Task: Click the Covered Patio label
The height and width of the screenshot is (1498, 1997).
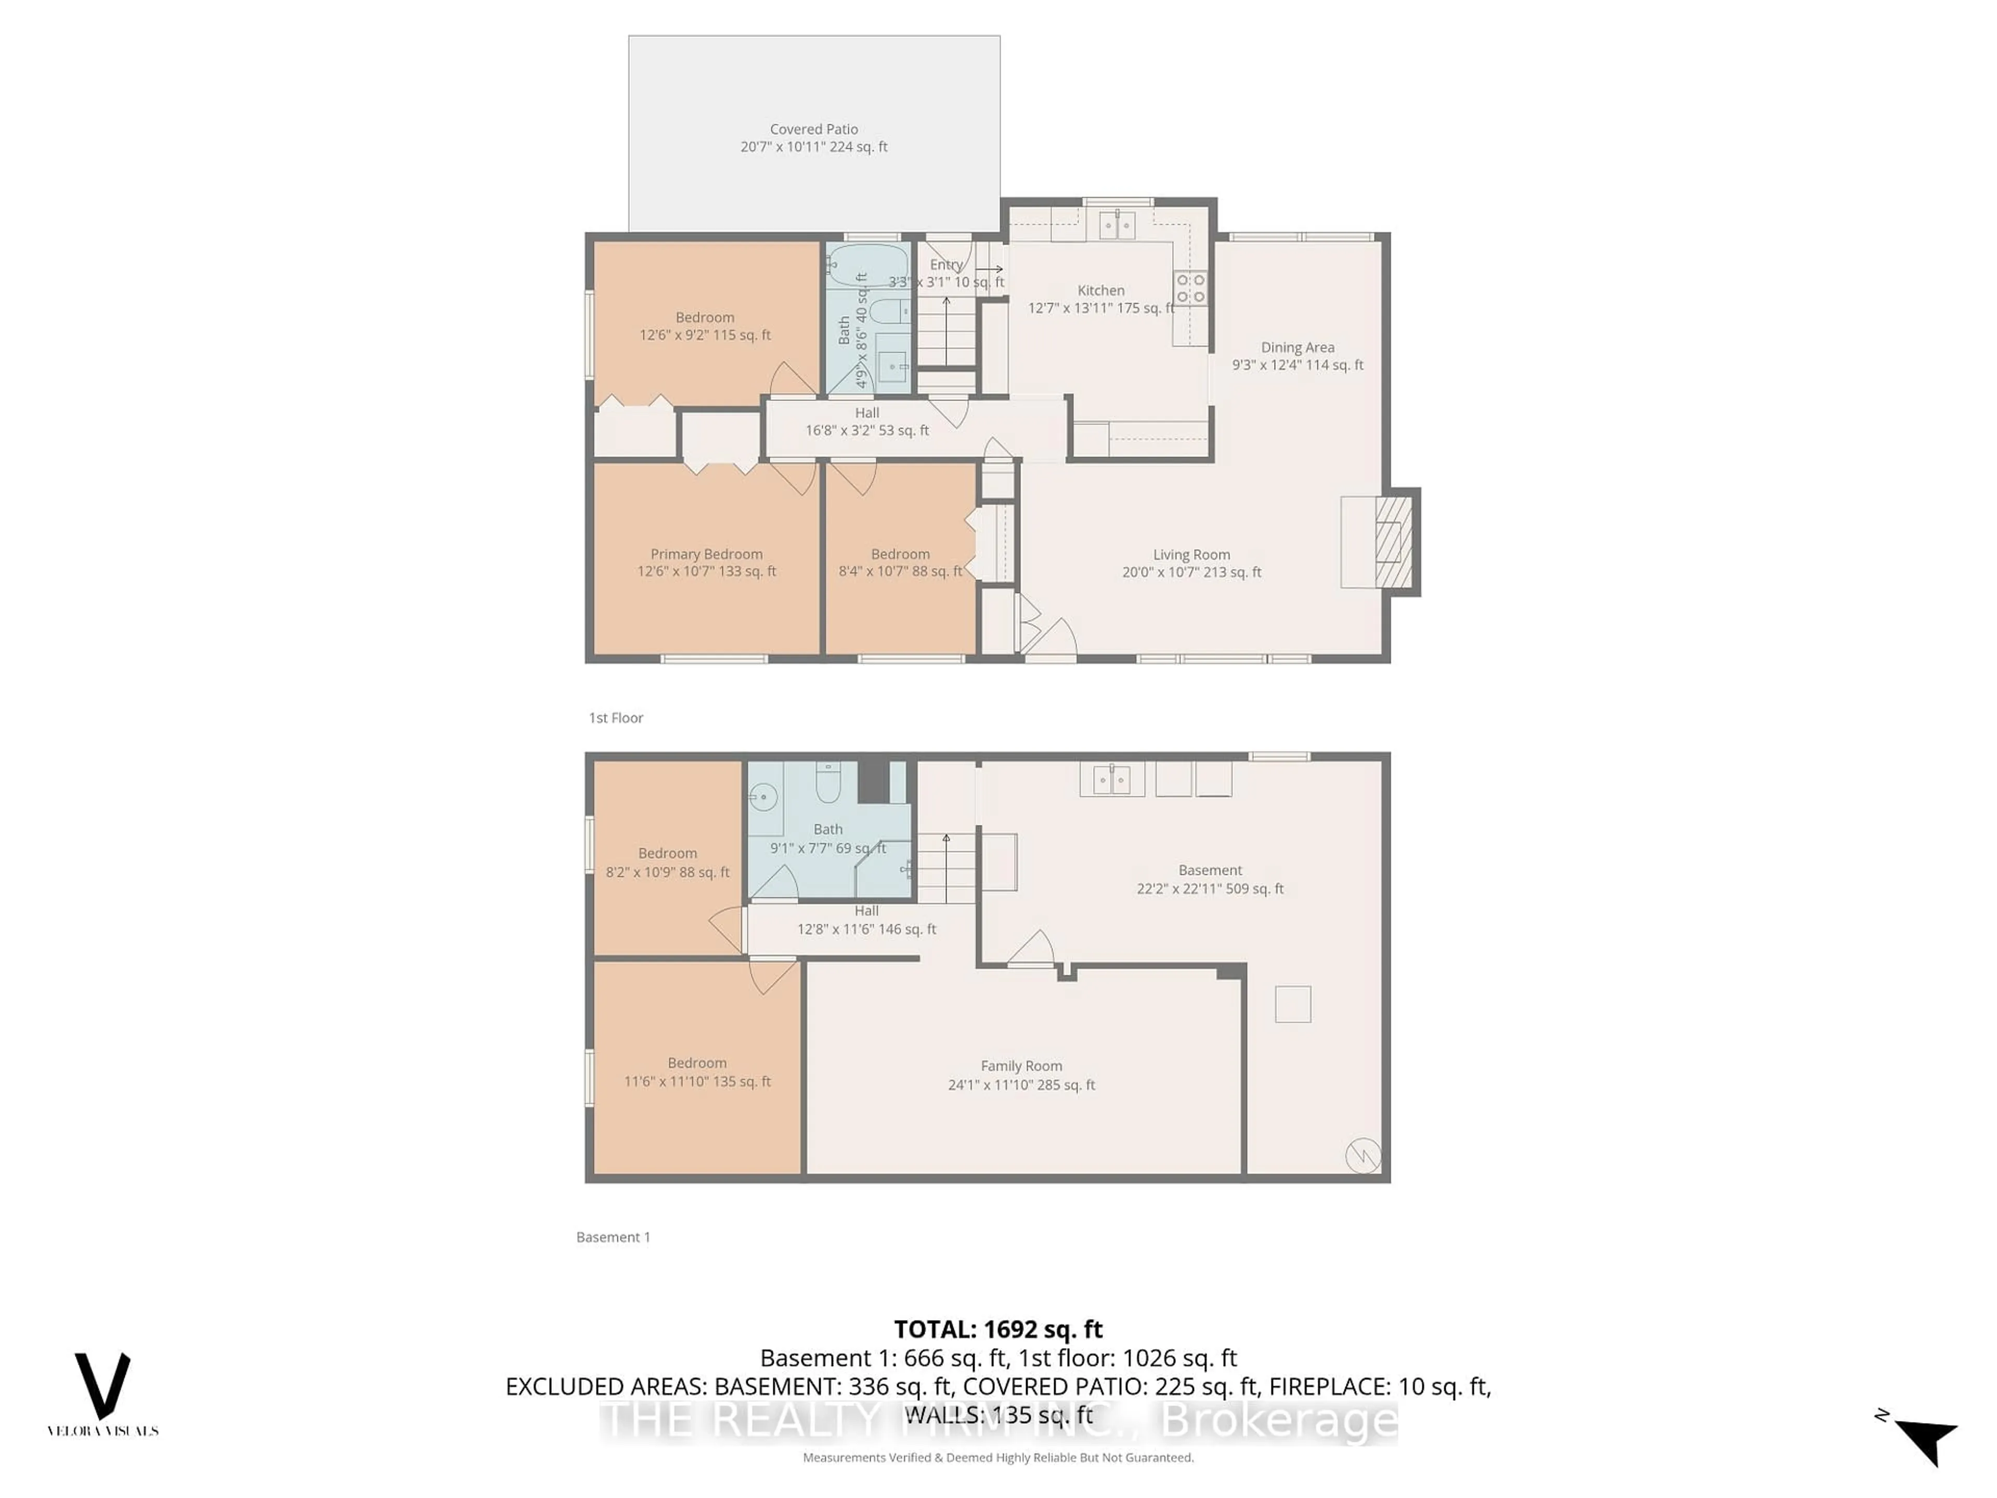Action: (x=813, y=129)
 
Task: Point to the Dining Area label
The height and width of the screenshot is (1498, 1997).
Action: (x=1298, y=347)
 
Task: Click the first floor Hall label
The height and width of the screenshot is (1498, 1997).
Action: (x=867, y=412)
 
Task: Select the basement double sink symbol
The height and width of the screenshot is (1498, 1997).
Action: (x=1112, y=779)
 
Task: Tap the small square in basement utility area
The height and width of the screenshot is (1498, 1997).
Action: (x=1292, y=1004)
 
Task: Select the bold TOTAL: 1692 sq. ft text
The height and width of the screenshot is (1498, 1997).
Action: (x=997, y=1329)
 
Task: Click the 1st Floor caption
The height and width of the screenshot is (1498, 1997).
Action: (x=616, y=718)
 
